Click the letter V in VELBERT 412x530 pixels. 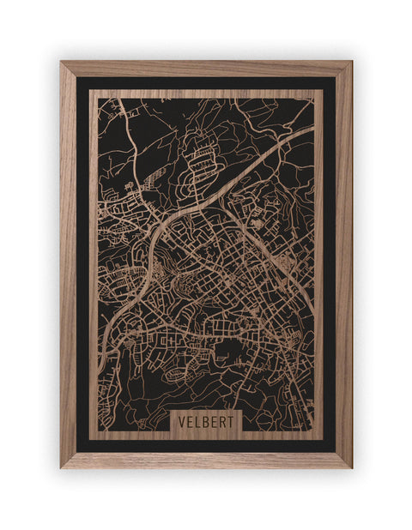[x=182, y=423]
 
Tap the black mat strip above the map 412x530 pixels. [x=206, y=83]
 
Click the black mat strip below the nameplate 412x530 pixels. [x=206, y=445]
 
